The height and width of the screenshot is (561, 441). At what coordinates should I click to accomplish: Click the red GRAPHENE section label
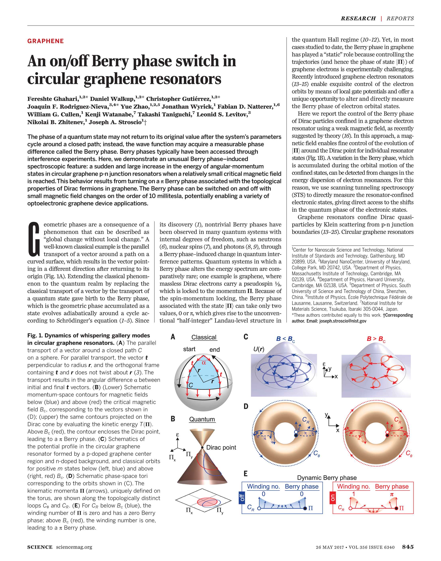coord(45,41)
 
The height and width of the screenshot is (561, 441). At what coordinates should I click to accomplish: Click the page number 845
coord(408,546)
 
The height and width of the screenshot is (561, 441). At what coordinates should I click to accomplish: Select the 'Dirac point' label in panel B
coord(221,447)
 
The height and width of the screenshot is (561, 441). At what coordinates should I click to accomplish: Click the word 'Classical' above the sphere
coord(204,337)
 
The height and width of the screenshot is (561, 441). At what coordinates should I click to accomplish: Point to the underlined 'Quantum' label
coord(202,419)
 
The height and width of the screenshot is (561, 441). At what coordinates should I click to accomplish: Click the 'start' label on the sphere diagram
coord(189,349)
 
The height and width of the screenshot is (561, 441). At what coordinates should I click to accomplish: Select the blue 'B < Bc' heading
coord(285,339)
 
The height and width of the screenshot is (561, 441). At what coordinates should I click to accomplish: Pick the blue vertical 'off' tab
coord(242,498)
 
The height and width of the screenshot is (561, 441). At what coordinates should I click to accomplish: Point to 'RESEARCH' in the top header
coord(358,18)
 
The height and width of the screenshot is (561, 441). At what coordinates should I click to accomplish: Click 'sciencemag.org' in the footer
coord(74,547)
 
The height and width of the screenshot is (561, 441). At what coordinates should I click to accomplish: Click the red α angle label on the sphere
coord(204,363)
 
